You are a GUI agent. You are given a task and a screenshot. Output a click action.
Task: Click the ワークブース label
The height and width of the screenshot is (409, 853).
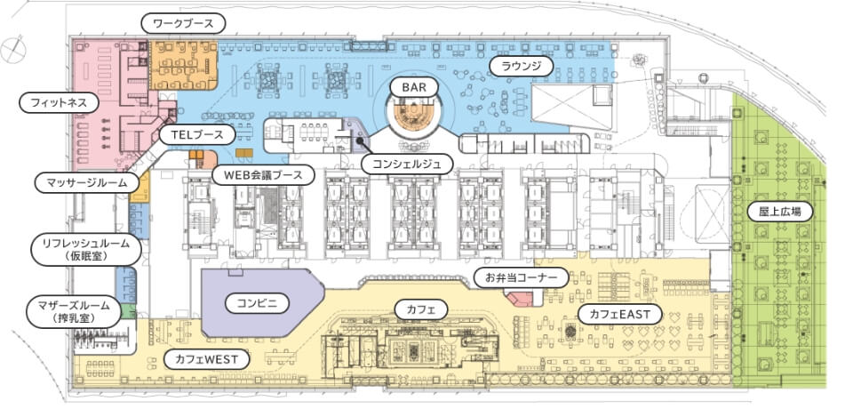pos(183,24)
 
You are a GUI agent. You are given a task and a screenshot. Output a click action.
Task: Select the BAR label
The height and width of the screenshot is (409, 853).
pos(414,86)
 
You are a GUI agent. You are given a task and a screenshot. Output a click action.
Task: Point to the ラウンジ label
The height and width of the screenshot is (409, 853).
pos(522,67)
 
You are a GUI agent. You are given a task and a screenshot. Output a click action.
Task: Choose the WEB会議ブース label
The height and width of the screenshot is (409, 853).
pos(264,175)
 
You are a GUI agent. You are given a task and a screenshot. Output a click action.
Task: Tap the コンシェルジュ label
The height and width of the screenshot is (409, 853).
pos(406,164)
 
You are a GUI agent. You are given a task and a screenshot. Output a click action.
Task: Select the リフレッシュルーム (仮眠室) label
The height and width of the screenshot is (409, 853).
pos(86,250)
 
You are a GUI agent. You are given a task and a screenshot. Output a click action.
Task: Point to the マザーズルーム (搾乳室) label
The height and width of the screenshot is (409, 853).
pos(74,312)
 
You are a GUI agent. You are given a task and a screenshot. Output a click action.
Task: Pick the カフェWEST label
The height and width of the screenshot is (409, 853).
pos(205,359)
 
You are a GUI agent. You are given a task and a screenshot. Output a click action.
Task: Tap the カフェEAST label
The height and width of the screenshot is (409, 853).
pos(621,314)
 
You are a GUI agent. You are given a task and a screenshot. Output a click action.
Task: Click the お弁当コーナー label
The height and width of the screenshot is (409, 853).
pos(522,277)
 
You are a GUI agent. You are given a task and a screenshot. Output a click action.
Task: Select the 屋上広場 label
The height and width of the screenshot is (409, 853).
pos(779,211)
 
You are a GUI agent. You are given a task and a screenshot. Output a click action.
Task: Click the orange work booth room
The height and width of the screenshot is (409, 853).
pos(184,65)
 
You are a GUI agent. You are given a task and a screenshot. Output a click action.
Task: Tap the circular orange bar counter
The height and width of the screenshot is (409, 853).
pos(415,115)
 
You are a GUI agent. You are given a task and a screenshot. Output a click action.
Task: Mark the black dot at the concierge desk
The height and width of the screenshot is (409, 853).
pos(360,140)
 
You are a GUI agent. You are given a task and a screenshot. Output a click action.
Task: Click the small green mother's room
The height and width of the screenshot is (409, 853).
pos(128,311)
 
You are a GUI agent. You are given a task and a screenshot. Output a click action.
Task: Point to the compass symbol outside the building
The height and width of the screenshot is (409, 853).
pos(13,50)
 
